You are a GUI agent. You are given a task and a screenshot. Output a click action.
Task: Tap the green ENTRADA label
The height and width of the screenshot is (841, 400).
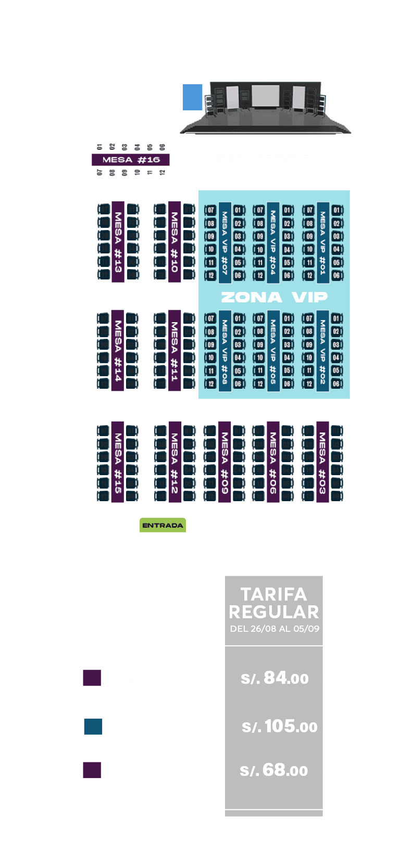(x=162, y=525)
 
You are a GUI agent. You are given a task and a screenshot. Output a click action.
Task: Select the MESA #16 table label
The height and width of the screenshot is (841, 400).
(x=131, y=160)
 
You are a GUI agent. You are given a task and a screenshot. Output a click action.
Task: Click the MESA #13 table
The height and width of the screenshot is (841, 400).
(x=118, y=242)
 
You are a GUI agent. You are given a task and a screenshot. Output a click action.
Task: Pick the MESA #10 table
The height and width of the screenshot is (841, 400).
(x=174, y=242)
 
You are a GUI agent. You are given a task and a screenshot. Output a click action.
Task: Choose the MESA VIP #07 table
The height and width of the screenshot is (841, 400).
(x=225, y=243)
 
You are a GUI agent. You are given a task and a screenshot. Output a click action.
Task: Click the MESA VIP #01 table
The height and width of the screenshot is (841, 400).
(x=323, y=243)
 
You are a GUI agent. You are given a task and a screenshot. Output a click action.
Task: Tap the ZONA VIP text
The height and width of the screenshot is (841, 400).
(x=274, y=297)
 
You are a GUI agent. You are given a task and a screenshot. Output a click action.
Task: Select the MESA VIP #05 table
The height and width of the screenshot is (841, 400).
(x=273, y=351)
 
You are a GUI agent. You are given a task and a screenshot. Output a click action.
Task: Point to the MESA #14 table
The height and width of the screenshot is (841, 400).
(x=118, y=350)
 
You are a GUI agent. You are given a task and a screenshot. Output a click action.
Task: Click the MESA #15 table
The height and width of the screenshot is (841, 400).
(x=118, y=462)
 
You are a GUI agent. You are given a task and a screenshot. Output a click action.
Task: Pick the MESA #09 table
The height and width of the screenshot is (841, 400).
(x=224, y=462)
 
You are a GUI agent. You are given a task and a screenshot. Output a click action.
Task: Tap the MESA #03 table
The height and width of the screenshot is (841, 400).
(x=322, y=462)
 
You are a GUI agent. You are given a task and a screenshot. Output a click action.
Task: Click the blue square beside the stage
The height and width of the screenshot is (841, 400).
(x=192, y=97)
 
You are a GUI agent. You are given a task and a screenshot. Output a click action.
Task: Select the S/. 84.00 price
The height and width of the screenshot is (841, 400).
(x=274, y=678)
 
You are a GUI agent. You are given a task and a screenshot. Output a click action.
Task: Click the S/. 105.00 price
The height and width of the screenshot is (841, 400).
(x=279, y=727)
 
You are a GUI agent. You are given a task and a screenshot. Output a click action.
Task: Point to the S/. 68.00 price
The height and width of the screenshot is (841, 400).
(x=274, y=770)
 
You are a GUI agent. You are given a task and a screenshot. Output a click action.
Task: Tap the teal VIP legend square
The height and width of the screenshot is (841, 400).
(x=93, y=727)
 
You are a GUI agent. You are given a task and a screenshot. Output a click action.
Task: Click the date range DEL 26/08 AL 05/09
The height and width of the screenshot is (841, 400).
(x=274, y=629)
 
